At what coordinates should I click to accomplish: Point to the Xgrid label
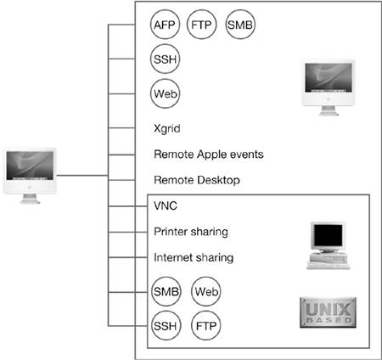(x=167, y=129)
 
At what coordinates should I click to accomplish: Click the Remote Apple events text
(x=209, y=155)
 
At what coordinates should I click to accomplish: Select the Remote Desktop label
(x=197, y=180)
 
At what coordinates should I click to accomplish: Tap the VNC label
(x=166, y=205)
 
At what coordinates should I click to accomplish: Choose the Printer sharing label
(x=191, y=232)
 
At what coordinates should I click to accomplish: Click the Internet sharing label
(x=194, y=257)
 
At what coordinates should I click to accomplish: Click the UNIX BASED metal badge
(x=328, y=312)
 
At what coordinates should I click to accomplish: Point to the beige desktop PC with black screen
(x=329, y=245)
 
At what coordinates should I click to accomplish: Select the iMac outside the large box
(x=30, y=176)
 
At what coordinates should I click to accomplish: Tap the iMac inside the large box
(x=329, y=87)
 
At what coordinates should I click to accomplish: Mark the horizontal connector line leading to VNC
(x=127, y=206)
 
